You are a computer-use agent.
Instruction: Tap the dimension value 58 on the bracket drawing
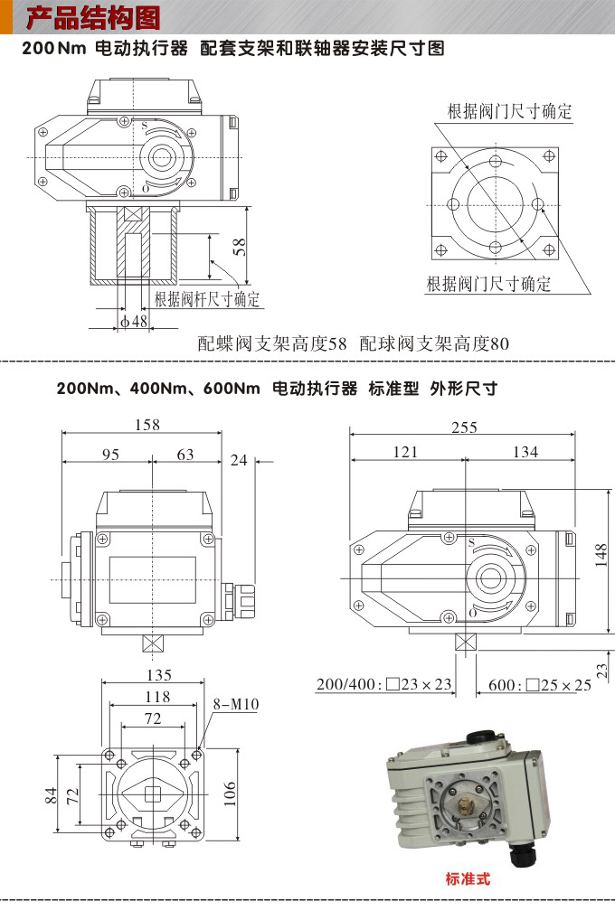[239, 245]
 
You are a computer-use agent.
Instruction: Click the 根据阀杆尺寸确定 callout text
[207, 299]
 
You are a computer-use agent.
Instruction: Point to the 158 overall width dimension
[146, 424]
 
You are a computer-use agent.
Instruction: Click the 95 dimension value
[109, 455]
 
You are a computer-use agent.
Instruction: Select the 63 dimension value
[184, 455]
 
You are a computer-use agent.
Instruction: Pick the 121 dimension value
[406, 452]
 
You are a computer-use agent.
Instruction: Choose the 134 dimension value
[525, 452]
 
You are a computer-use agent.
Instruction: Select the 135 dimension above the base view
[158, 675]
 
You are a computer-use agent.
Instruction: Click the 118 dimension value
[158, 697]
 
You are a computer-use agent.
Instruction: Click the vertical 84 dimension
[52, 795]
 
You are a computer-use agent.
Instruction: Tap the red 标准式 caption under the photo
[468, 878]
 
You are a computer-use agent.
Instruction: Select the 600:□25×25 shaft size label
[539, 684]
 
